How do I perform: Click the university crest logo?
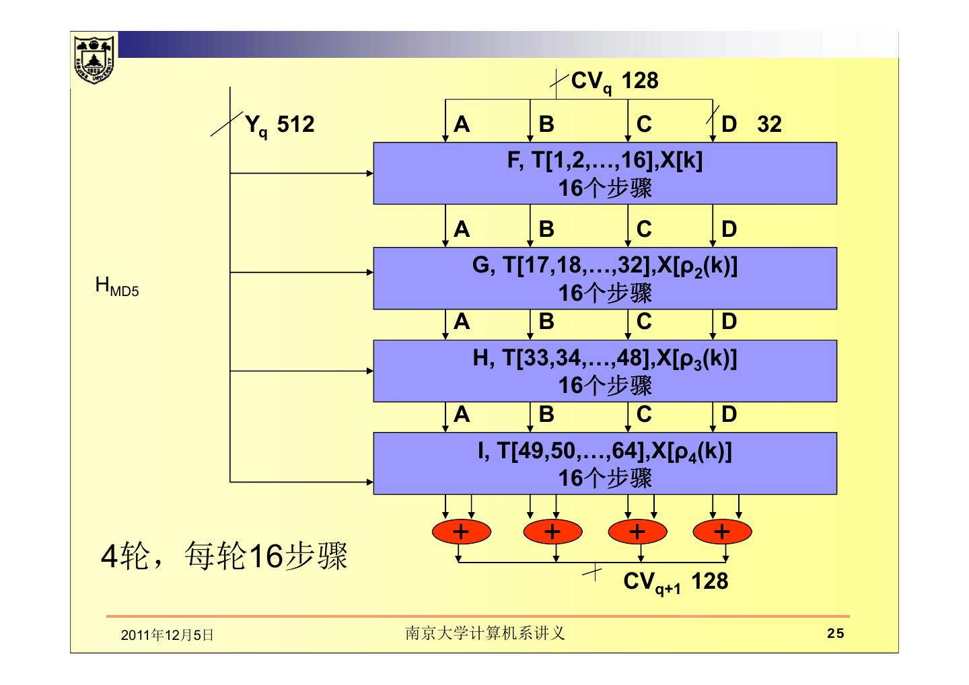94,60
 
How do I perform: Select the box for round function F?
605,174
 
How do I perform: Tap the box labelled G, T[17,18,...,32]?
605,278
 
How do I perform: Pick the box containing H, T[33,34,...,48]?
605,371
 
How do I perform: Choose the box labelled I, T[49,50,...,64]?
605,463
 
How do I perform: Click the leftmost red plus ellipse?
461,532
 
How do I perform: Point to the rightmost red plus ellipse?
722,532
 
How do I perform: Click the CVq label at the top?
591,81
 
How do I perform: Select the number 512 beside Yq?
295,124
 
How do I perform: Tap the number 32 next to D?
769,124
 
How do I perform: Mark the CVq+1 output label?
652,583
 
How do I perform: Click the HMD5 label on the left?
117,287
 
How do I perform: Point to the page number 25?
835,633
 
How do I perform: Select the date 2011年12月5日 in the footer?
167,635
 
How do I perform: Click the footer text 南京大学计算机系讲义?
485,633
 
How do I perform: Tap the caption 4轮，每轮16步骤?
224,556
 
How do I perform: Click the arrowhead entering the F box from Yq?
370,174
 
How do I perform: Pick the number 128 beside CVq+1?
710,581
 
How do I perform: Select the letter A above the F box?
462,124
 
